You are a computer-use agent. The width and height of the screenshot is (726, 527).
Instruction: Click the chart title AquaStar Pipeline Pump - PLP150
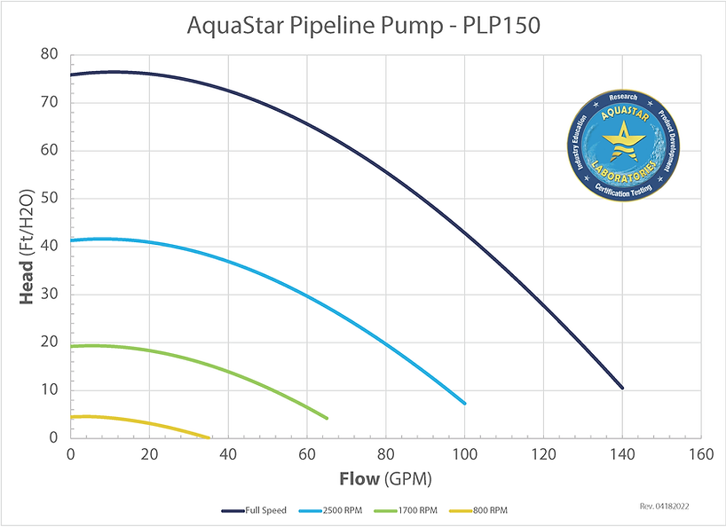point(363,26)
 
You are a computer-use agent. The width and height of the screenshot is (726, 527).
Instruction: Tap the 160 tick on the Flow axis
point(701,453)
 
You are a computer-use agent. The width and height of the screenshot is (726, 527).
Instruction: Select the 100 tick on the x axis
point(464,453)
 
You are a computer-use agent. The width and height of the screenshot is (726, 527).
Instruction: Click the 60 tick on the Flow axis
point(307,453)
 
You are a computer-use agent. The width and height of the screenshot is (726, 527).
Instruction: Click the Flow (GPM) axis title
point(385,480)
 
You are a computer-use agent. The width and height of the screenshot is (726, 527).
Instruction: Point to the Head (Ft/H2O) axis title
point(28,246)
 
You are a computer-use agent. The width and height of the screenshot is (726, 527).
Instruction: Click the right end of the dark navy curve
point(622,388)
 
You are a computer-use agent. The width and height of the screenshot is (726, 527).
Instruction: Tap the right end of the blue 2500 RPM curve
point(464,404)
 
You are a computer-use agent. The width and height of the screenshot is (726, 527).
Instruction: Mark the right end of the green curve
point(327,418)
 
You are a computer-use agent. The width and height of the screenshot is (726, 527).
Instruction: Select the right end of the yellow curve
point(209,437)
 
